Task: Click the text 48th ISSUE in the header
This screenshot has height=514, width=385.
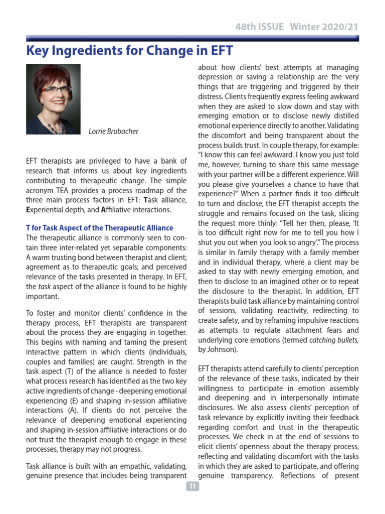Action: coord(260,27)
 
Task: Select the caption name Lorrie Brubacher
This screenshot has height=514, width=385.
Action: coord(113,132)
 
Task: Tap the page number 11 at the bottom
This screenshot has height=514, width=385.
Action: coord(192,486)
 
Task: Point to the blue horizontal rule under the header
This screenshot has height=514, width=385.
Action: coord(192,38)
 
